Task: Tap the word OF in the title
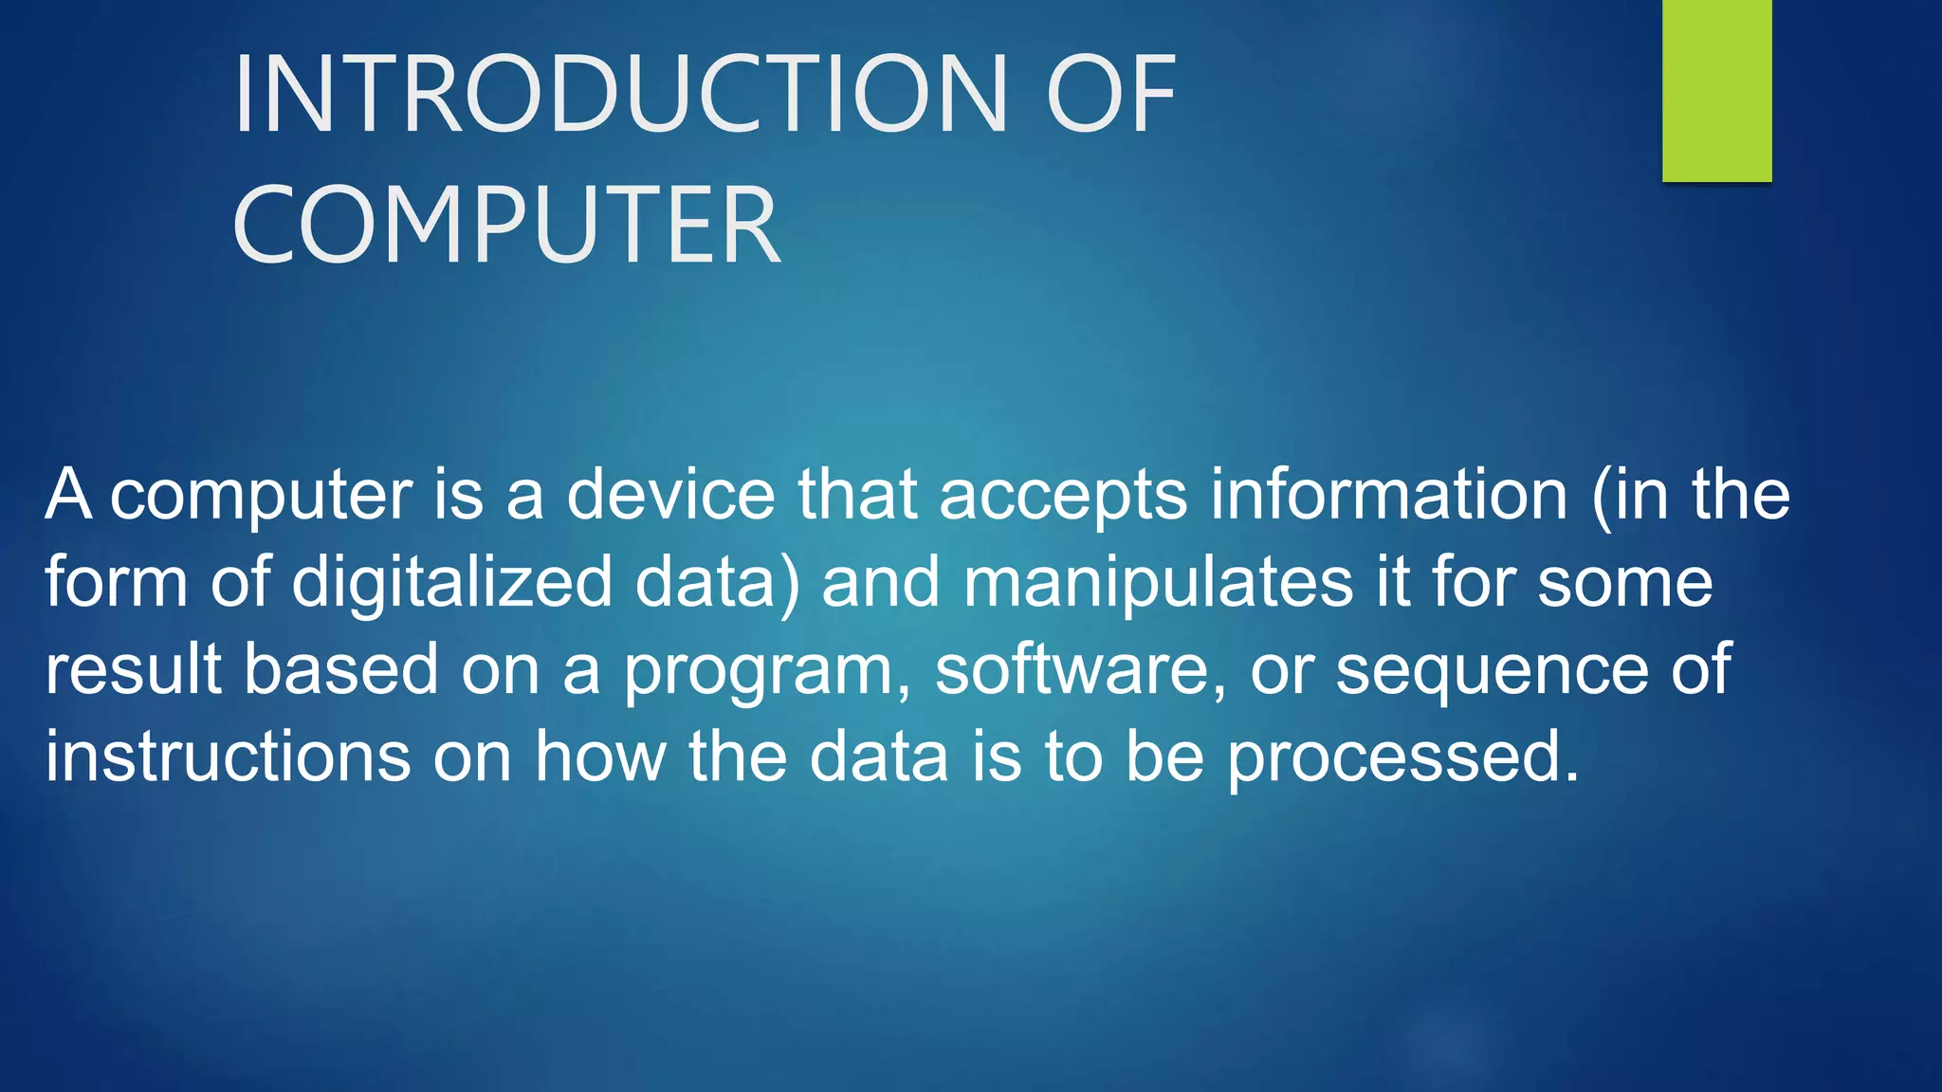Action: [x=1110, y=94]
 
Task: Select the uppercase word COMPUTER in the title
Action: [x=506, y=226]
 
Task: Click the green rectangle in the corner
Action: [x=1716, y=90]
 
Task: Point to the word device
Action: [x=670, y=495]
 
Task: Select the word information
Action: [x=1389, y=495]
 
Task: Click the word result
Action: [x=134, y=669]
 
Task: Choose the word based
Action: [x=341, y=669]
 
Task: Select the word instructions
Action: [x=228, y=756]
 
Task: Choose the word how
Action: [x=599, y=756]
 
